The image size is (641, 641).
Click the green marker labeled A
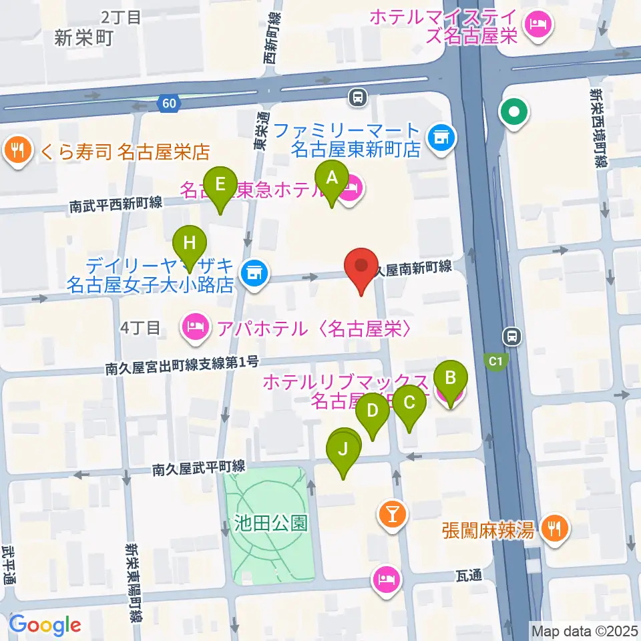pyautogui.click(x=332, y=178)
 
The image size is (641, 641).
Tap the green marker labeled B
pyautogui.click(x=451, y=378)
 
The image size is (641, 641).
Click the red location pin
pyautogui.click(x=361, y=266)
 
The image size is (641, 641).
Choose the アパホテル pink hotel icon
pyautogui.click(x=194, y=328)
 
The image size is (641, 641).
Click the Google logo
pyautogui.click(x=45, y=625)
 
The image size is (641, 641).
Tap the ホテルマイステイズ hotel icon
pyautogui.click(x=538, y=26)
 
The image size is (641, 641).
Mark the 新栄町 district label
pyautogui.click(x=83, y=37)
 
